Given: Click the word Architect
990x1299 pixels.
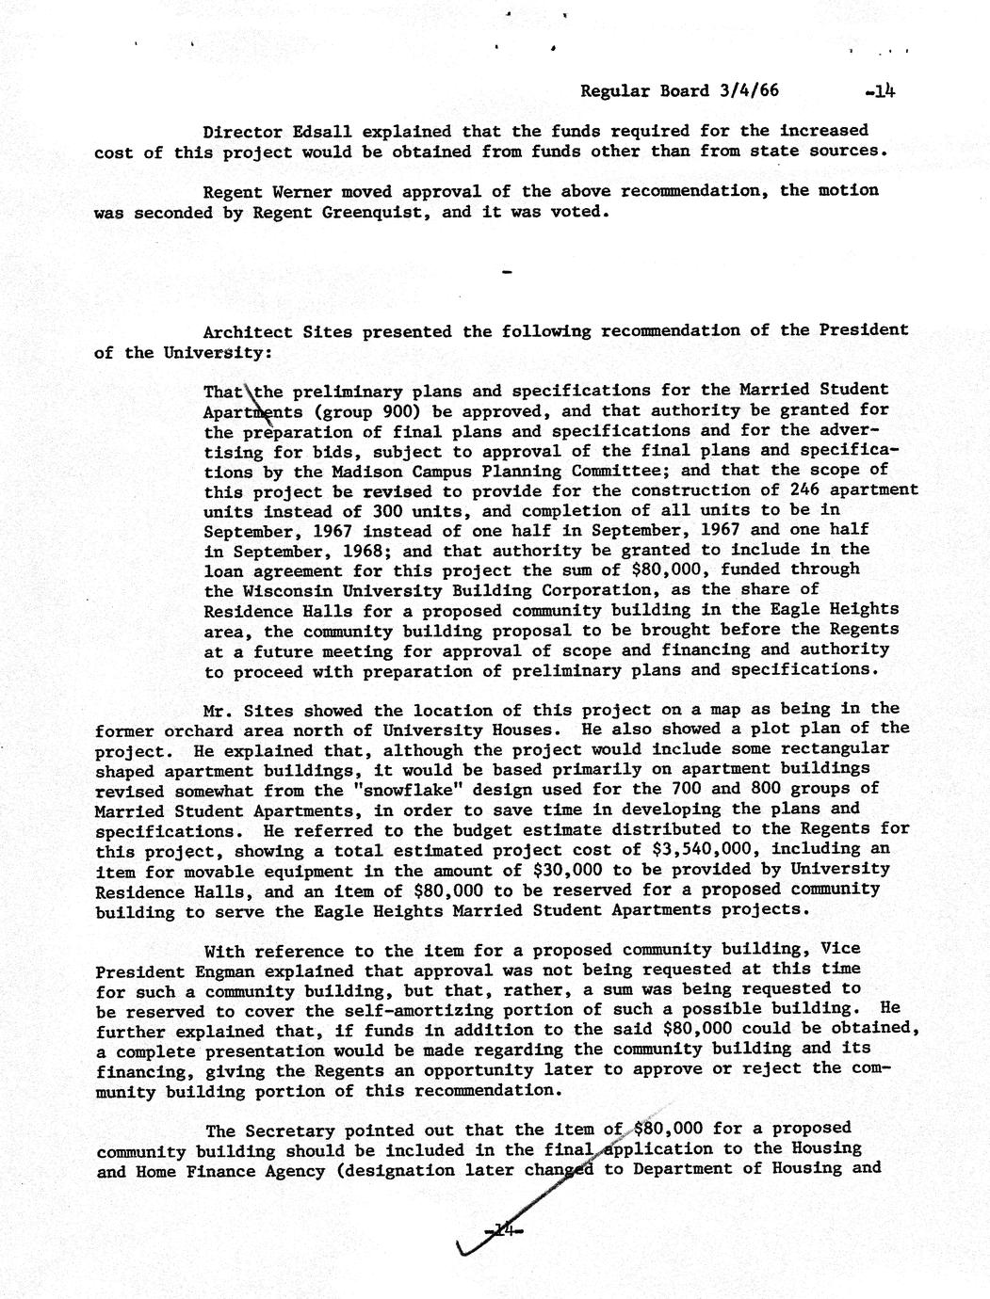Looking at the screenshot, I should (244, 331).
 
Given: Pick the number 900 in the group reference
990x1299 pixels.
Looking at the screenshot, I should (403, 411).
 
